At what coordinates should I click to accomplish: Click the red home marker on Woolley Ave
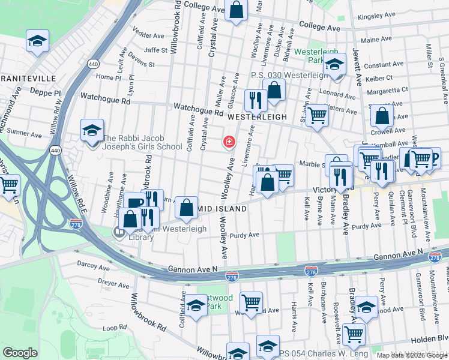[x=229, y=142]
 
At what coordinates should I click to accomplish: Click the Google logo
[x=20, y=353]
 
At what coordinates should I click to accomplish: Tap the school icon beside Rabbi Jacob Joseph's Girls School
[x=91, y=130]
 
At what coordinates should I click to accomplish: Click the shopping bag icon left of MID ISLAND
[x=187, y=205]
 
